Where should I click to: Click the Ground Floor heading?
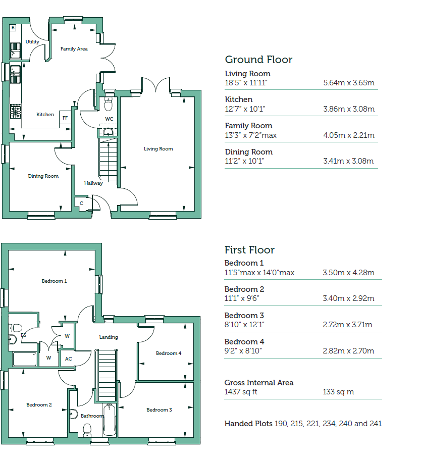pos(258,60)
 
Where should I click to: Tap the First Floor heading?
pos(249,250)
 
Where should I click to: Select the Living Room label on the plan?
pos(158,149)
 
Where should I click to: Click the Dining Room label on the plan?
pos(43,176)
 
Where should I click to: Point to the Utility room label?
pos(32,42)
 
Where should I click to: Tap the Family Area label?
pos(74,49)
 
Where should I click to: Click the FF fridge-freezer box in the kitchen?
pos(65,118)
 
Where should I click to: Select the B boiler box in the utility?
pos(13,27)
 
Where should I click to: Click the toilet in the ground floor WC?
pos(108,105)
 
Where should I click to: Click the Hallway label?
pos(93,183)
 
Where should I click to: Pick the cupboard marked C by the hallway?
pos(81,203)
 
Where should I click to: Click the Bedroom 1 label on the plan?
pos(54,281)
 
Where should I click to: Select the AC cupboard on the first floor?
pos(69,359)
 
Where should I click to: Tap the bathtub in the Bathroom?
pos(109,420)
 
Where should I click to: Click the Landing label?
pos(109,337)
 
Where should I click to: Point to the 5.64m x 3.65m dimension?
pos(348,83)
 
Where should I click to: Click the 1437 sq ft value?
pos(241,392)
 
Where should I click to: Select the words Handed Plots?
pos(248,424)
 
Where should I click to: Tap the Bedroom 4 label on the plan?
pos(168,353)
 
